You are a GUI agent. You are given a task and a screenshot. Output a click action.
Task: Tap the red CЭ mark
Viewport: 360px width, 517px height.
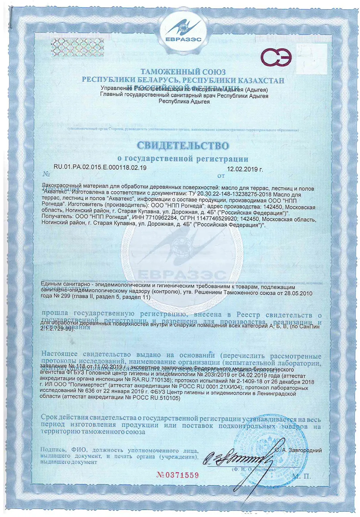[x=278, y=59]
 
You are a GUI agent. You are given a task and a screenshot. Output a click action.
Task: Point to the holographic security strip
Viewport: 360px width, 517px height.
[x=68, y=43]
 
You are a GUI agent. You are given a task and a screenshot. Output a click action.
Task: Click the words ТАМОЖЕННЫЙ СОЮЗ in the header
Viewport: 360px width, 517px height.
[x=180, y=72]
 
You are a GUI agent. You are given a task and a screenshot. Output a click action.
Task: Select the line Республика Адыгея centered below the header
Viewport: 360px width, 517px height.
[x=180, y=102]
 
